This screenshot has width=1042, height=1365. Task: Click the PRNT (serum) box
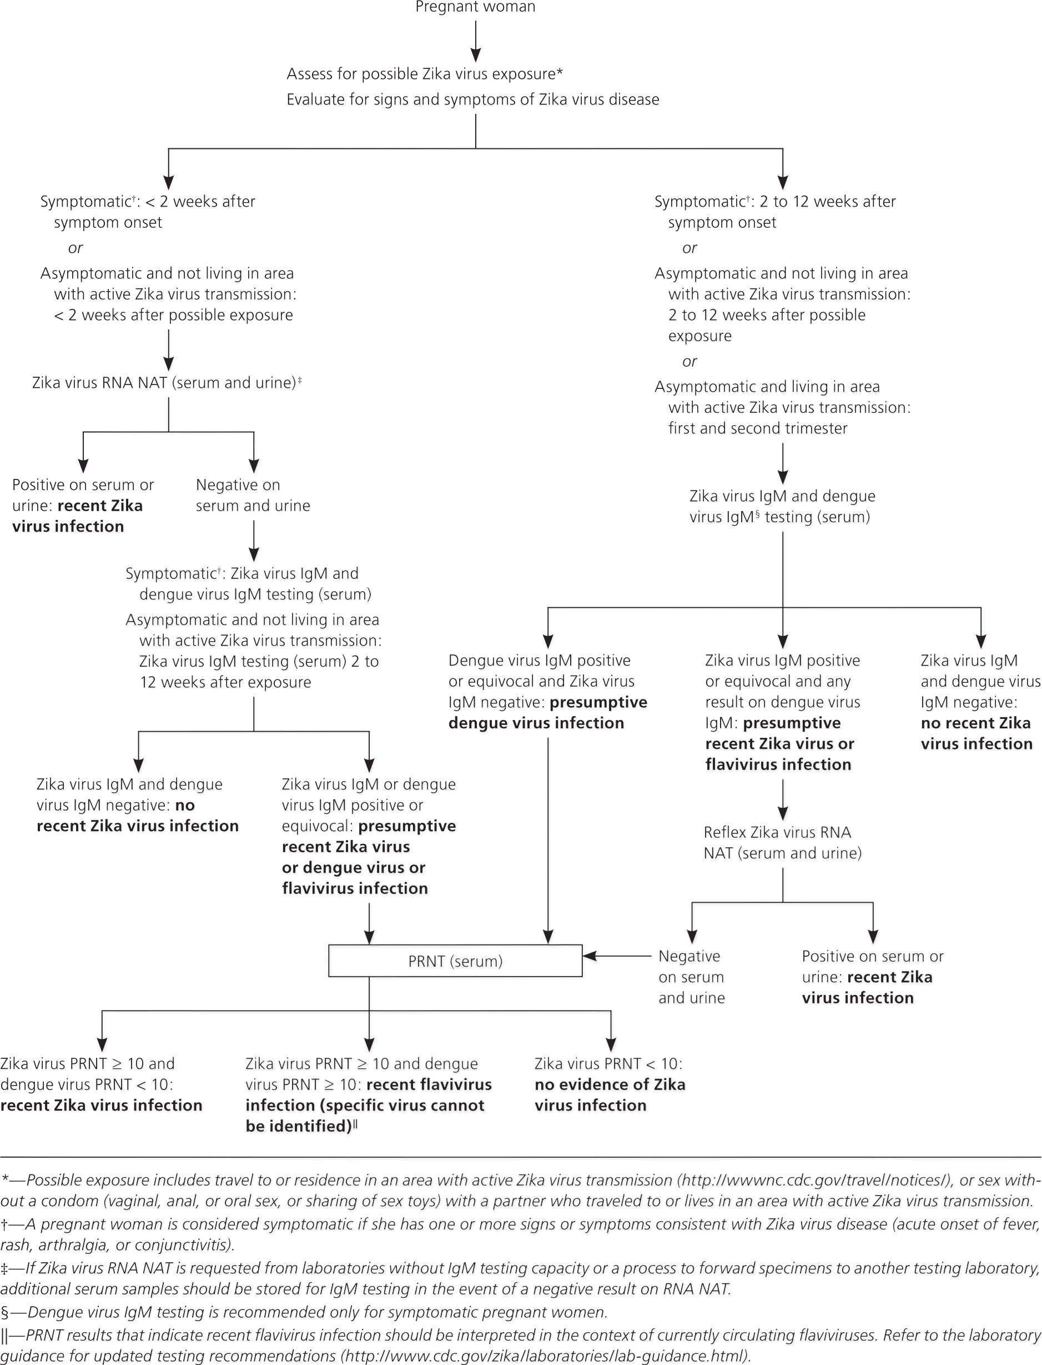pyautogui.click(x=455, y=961)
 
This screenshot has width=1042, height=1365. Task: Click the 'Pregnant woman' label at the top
pyautogui.click(x=475, y=7)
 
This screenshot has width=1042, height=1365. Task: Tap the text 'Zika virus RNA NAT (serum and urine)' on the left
pyautogui.click(x=164, y=382)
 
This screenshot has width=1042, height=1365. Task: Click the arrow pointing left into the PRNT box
pyautogui.click(x=617, y=956)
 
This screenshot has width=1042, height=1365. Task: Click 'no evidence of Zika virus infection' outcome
pyautogui.click(x=609, y=1094)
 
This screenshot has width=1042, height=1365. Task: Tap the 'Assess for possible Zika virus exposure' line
pyautogui.click(x=424, y=74)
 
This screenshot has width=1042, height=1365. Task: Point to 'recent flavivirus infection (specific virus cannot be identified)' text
pyautogui.click(x=369, y=1105)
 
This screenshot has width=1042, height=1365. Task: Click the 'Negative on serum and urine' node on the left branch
pyautogui.click(x=253, y=495)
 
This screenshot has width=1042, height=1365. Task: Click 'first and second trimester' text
pyautogui.click(x=757, y=428)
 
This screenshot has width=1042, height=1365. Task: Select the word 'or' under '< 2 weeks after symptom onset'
pyautogui.click(x=75, y=248)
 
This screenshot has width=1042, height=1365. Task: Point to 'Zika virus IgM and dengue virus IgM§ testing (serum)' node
pyautogui.click(x=782, y=506)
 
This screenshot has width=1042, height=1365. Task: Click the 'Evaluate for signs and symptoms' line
pyautogui.click(x=472, y=99)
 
